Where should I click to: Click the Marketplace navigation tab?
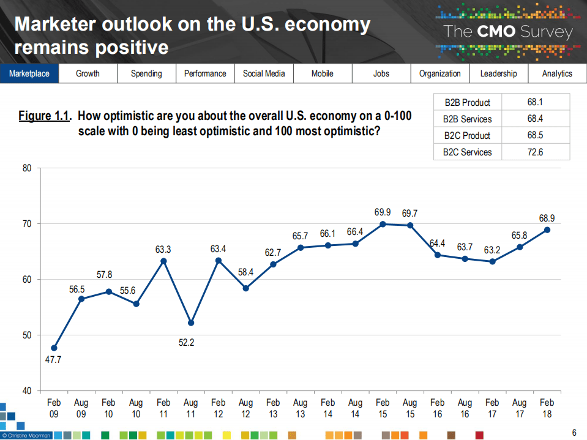tap(29, 73)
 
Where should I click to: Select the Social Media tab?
tap(264, 73)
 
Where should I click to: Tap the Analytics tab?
tap(557, 73)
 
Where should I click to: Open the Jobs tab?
tap(381, 73)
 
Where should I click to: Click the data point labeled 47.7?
tap(54, 348)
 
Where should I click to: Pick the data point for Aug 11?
tap(191, 323)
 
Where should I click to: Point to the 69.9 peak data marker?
tap(383, 224)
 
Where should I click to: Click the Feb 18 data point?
tap(547, 229)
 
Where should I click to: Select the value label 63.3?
tap(163, 249)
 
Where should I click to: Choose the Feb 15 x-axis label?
tap(383, 408)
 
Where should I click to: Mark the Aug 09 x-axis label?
tap(81, 408)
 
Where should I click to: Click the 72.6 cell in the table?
tap(535, 152)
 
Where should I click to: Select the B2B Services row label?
tap(467, 119)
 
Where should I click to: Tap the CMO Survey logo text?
tap(508, 32)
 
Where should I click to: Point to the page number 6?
tap(574, 433)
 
